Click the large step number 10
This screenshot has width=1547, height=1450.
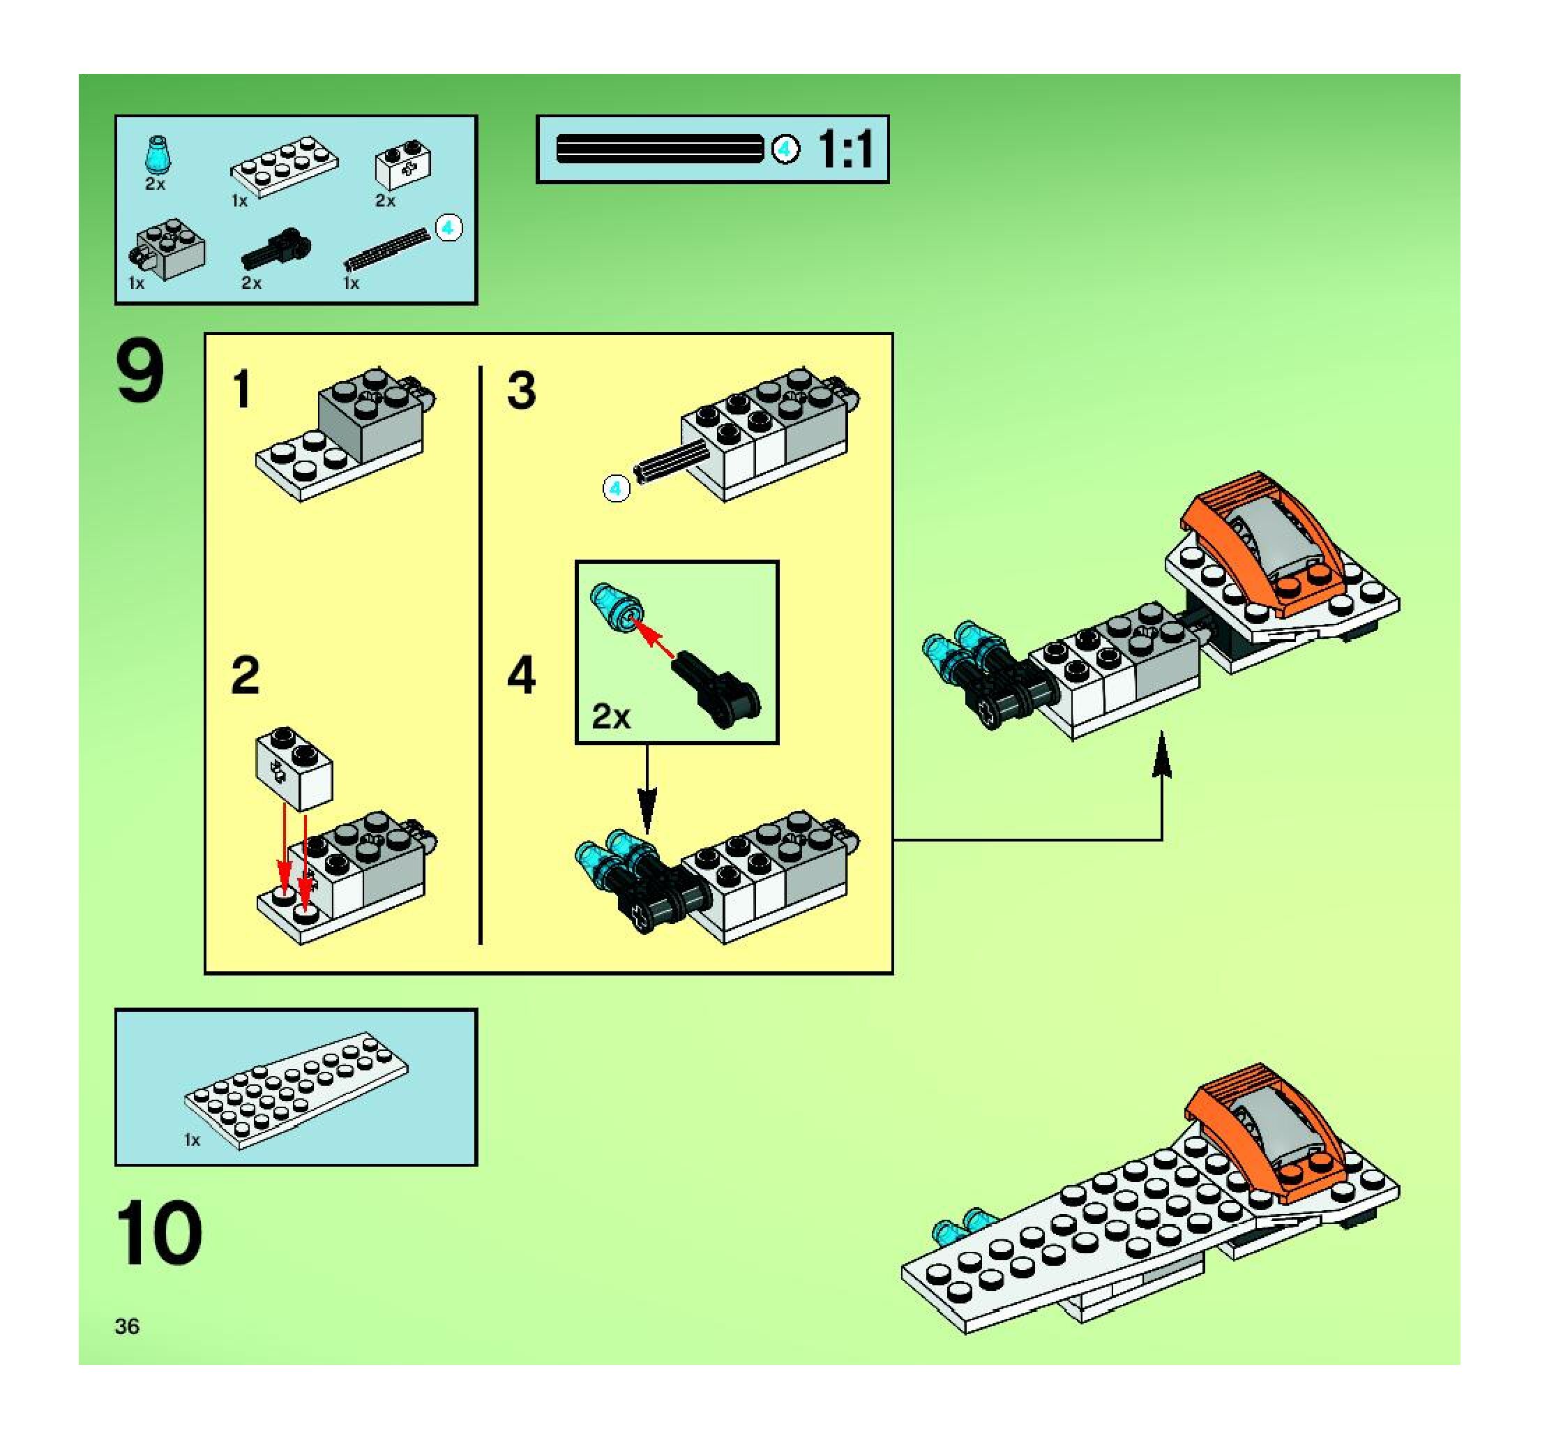click(160, 1233)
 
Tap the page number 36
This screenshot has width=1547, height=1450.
click(127, 1326)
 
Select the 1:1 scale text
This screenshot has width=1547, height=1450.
click(846, 149)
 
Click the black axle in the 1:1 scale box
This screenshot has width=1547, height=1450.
click(660, 149)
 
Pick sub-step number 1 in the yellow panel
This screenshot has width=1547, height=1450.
click(242, 389)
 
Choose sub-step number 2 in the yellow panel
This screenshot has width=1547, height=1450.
click(245, 675)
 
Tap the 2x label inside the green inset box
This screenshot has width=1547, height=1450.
click(611, 716)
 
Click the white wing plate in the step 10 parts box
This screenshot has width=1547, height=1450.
click(296, 1090)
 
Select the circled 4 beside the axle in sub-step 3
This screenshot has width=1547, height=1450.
click(617, 488)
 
